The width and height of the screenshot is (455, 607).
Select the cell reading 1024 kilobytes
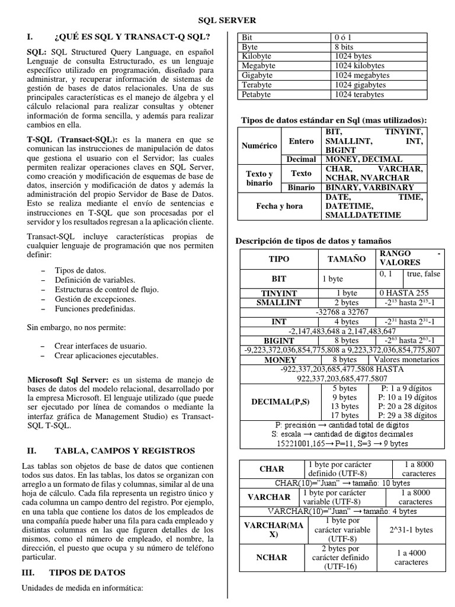click(x=359, y=66)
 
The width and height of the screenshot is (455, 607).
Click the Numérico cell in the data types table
click(x=259, y=145)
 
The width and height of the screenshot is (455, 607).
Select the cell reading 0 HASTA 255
click(x=399, y=293)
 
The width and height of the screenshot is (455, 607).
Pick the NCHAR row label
click(x=273, y=557)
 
